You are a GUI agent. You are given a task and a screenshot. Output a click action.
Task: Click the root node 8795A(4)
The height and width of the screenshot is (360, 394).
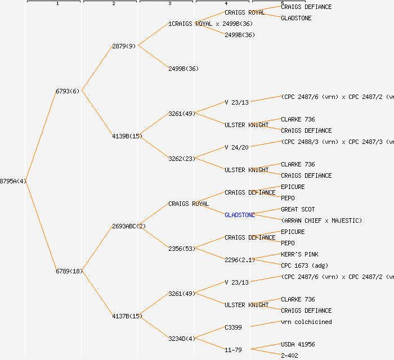click(13, 181)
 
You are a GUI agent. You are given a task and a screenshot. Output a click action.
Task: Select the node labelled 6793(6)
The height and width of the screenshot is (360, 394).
click(68, 91)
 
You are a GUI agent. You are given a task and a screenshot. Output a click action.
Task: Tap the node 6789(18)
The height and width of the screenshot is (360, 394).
click(69, 271)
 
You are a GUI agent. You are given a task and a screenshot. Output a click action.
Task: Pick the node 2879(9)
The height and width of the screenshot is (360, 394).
click(124, 46)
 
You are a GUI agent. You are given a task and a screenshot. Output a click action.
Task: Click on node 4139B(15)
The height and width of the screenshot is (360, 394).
click(127, 136)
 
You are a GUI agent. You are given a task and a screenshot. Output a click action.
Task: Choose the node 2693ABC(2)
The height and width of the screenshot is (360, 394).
click(129, 226)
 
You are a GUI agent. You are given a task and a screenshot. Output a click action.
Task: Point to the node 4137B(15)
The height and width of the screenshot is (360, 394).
click(127, 316)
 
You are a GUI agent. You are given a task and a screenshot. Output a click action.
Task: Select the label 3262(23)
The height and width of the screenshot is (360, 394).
click(182, 159)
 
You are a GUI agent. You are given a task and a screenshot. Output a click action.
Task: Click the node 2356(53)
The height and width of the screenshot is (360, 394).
click(182, 249)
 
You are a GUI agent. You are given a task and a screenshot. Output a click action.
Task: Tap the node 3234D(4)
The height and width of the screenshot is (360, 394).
click(182, 339)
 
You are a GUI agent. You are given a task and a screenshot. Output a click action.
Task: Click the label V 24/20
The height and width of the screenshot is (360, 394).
click(236, 147)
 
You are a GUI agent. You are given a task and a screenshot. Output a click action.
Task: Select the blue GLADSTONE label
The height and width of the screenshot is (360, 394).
click(240, 215)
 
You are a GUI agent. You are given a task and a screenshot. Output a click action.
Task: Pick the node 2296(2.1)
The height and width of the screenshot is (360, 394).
click(240, 260)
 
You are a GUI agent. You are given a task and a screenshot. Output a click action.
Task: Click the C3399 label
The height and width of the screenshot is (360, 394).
click(233, 327)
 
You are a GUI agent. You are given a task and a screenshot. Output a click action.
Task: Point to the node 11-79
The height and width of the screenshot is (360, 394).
click(233, 350)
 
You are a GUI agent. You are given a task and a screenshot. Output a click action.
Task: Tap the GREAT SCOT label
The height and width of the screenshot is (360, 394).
click(298, 209)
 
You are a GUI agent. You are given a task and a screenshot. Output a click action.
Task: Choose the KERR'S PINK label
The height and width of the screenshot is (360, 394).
click(299, 254)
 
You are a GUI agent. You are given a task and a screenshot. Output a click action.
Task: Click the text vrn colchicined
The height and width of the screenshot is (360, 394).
click(306, 322)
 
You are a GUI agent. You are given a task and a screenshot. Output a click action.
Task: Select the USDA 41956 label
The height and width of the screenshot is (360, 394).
click(298, 344)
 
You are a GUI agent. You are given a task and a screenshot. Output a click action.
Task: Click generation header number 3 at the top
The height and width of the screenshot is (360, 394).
click(169, 4)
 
